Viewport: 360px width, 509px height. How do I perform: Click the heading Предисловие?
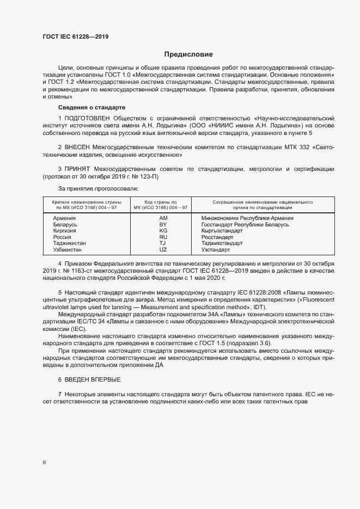188,54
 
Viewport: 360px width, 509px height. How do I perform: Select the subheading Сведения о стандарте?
91,107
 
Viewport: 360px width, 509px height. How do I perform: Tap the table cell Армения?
64,218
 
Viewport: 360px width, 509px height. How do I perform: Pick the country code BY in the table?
163,224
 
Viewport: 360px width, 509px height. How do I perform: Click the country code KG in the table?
163,231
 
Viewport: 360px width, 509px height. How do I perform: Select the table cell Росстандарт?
217,237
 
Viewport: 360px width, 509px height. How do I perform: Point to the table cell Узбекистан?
68,249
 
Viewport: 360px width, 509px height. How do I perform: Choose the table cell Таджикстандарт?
222,243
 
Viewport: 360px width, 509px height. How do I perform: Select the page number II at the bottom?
44,462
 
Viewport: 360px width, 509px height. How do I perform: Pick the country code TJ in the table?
163,243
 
